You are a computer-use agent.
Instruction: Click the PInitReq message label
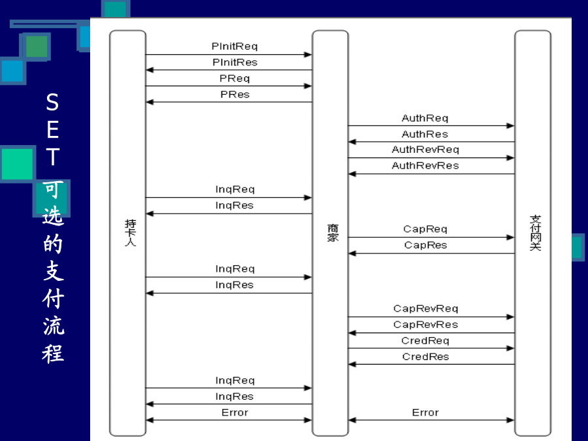235,46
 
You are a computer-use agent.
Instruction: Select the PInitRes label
235,62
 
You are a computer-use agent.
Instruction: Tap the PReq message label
235,78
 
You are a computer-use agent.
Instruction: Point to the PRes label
235,95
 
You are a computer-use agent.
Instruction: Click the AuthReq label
425,118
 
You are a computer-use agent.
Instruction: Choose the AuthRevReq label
425,150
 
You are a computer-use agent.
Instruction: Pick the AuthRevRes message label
425,165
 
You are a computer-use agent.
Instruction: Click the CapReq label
425,229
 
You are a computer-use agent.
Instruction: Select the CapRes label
425,245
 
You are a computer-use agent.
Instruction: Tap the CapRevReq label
425,308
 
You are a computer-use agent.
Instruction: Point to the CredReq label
425,340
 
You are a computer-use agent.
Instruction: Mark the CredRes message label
425,357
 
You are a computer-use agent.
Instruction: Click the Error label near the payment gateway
425,412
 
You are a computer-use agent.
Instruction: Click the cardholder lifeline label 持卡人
130,233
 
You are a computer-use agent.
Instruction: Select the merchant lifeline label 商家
333,233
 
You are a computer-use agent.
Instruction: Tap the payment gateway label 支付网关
535,233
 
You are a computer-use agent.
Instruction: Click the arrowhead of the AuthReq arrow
510,125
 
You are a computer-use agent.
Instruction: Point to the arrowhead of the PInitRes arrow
150,70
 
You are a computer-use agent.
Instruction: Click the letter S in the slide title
52,102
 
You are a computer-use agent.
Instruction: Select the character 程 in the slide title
53,353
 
